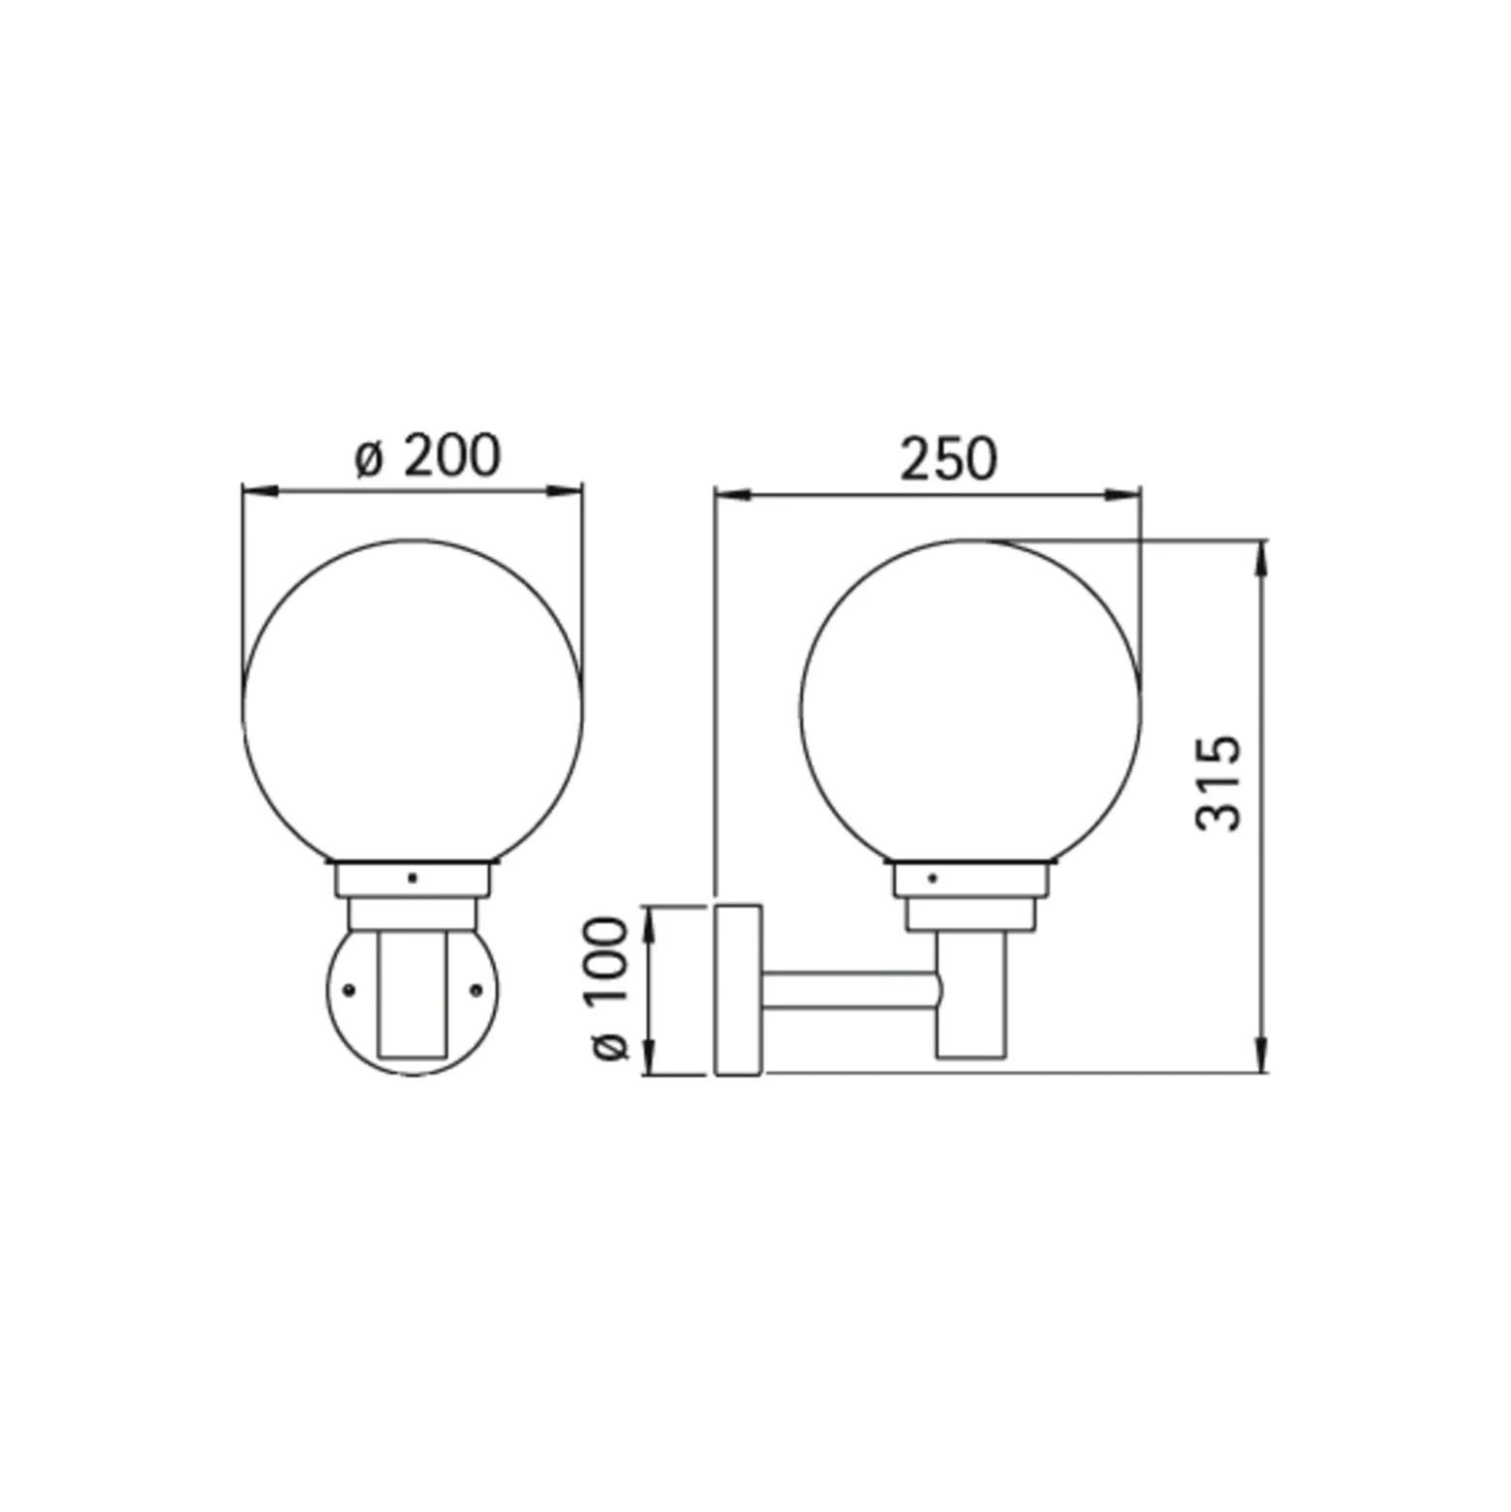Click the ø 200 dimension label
(x=426, y=455)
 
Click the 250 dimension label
(x=948, y=459)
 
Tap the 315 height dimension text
(x=1218, y=784)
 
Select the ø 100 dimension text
(x=609, y=988)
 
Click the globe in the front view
(x=244, y=707)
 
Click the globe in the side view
(x=802, y=707)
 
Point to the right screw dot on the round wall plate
(x=476, y=989)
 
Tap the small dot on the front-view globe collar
(x=413, y=879)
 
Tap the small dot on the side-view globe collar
(x=933, y=879)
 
